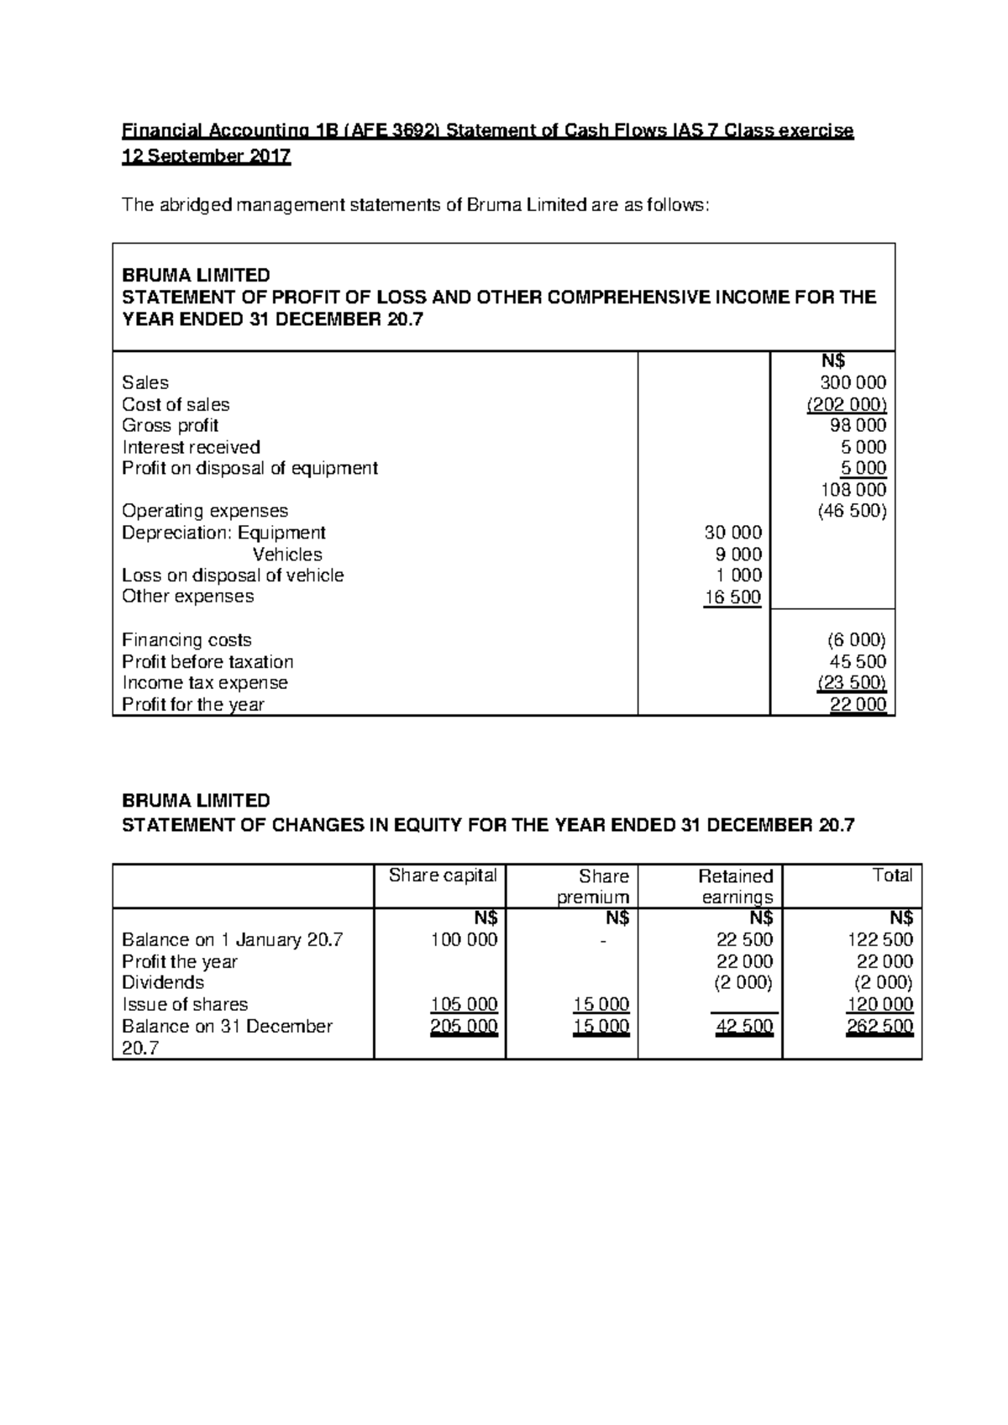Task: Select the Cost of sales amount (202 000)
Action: coord(847,404)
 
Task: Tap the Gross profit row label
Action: coord(171,426)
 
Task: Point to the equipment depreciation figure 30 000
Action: coord(732,533)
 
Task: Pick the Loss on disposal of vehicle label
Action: coord(233,576)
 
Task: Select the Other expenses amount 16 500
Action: coord(732,597)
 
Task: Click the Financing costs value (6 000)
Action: coord(857,640)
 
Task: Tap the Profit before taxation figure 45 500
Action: coord(858,662)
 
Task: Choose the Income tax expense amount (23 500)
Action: coord(851,683)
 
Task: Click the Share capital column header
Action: coord(443,876)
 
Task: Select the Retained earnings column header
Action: coord(736,886)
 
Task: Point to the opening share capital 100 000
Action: coord(464,940)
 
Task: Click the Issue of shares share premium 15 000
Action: coord(601,1005)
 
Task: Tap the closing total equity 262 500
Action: coord(879,1027)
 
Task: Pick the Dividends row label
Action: coord(163,983)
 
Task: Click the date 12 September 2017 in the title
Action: coord(207,157)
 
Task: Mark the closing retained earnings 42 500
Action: coord(744,1027)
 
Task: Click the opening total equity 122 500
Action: coord(880,940)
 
